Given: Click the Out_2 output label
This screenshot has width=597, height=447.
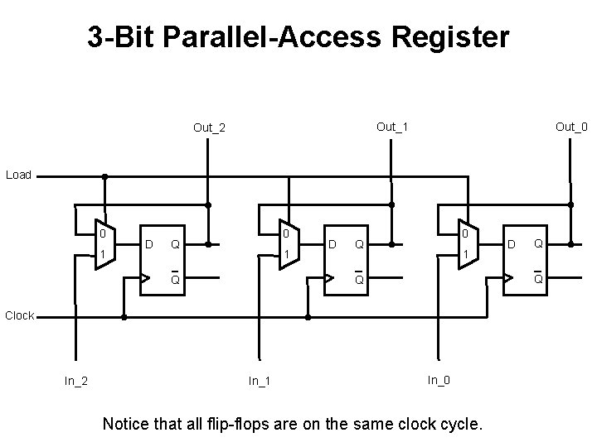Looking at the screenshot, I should pyautogui.click(x=209, y=127).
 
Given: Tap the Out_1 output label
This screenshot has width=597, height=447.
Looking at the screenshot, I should pyautogui.click(x=392, y=127).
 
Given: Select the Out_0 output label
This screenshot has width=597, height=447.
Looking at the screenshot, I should pyautogui.click(x=571, y=127).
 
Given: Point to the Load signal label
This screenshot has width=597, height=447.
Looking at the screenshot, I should pyautogui.click(x=18, y=175).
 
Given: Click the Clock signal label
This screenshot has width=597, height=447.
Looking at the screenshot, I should pyautogui.click(x=20, y=315).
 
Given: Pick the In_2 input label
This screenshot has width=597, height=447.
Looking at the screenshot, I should pyautogui.click(x=77, y=381).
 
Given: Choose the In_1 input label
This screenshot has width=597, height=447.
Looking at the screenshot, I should pyautogui.click(x=261, y=381).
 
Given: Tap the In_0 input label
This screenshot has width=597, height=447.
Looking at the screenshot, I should pyautogui.click(x=439, y=380).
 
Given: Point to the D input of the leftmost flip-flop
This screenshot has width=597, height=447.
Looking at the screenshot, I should pyautogui.click(x=148, y=244).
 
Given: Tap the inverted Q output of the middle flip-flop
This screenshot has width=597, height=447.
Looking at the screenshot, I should pyautogui.click(x=359, y=278).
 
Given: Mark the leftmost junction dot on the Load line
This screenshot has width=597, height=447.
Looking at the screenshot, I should pyautogui.click(x=104, y=175).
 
